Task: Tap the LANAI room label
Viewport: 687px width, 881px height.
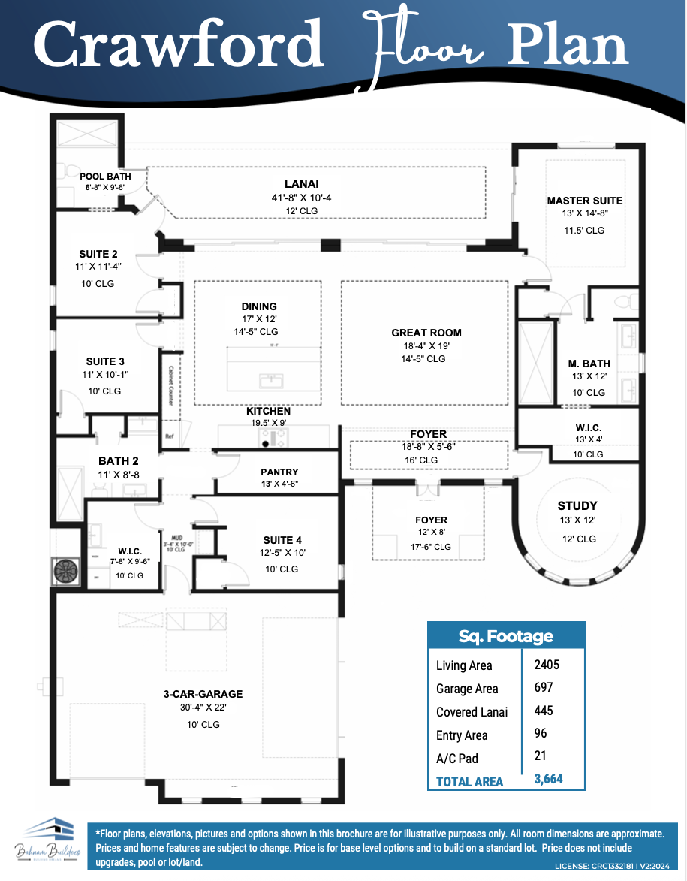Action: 301,183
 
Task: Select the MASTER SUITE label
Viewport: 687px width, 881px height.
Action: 584,201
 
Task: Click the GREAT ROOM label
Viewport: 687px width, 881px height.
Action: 426,333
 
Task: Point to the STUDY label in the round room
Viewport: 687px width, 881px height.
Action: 577,505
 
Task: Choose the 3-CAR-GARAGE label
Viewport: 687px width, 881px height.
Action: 203,694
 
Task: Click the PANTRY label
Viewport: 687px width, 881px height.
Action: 279,472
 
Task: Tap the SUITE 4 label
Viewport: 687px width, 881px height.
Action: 282,540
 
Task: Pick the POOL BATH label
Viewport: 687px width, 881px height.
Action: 105,177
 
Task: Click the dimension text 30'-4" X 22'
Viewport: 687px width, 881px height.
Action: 203,708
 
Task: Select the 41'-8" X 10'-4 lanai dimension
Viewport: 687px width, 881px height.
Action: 301,198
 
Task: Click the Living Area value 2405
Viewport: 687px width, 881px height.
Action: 547,665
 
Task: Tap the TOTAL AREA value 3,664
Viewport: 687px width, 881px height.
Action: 548,780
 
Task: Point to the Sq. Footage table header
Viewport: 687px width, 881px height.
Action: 505,637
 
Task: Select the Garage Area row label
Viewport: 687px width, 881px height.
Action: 467,689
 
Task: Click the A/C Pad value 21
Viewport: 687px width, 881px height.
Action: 541,756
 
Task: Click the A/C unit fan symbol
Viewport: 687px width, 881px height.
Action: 66,572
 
